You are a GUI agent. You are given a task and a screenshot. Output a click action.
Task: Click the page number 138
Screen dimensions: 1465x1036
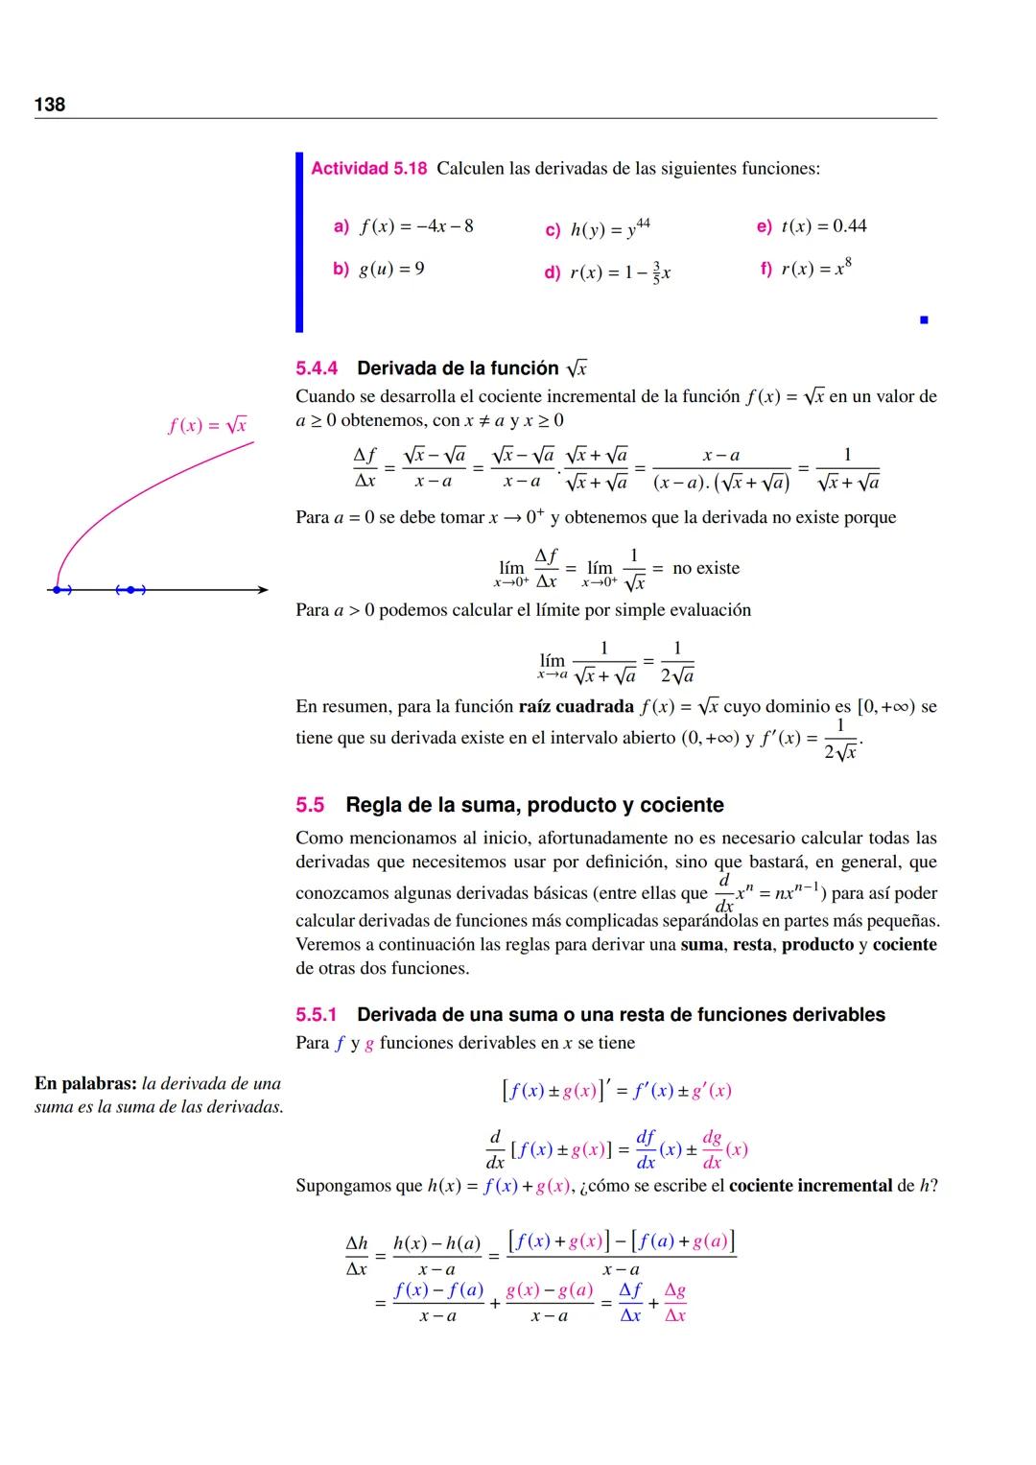pyautogui.click(x=50, y=105)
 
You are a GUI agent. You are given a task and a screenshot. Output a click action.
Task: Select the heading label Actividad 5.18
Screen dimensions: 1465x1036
pyautogui.click(x=368, y=169)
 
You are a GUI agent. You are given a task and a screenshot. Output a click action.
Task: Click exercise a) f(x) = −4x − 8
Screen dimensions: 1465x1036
pyautogui.click(x=403, y=226)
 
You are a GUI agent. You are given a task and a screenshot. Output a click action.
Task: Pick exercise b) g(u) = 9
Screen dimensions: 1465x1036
pyautogui.click(x=379, y=269)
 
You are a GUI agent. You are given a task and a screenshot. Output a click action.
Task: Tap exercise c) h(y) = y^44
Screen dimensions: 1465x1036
pyautogui.click(x=598, y=228)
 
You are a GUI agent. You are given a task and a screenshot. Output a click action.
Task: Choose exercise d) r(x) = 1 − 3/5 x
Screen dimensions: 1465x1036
pyautogui.click(x=607, y=272)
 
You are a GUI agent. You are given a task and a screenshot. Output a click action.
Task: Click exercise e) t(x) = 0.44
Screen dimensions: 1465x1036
pyautogui.click(x=812, y=226)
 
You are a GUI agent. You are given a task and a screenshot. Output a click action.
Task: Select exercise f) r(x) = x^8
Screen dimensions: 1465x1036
pyautogui.click(x=806, y=269)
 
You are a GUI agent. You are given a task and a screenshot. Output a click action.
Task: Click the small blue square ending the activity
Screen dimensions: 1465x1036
pyautogui.click(x=924, y=319)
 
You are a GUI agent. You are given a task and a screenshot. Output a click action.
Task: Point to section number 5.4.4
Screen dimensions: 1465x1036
pyautogui.click(x=317, y=368)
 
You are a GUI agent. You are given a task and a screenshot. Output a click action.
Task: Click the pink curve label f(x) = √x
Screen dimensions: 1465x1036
pyautogui.click(x=207, y=425)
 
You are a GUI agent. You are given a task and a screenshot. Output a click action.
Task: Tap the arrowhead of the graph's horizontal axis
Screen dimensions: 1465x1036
pyautogui.click(x=261, y=590)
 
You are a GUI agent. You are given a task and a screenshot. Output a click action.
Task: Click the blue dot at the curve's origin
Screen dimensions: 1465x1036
pyautogui.click(x=58, y=590)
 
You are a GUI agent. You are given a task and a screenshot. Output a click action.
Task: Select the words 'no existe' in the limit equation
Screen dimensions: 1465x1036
pyautogui.click(x=706, y=568)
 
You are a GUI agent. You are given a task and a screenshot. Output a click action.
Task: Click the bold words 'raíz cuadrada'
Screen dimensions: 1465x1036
pyautogui.click(x=576, y=707)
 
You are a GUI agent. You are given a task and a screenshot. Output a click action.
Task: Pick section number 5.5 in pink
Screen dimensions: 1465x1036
pyautogui.click(x=310, y=805)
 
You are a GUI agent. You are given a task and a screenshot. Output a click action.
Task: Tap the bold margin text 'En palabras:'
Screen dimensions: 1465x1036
pyautogui.click(x=85, y=1084)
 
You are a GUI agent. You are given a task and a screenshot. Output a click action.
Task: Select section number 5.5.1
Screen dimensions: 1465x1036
pyautogui.click(x=317, y=1015)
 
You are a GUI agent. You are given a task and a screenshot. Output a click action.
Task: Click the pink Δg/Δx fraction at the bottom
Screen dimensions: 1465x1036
pyautogui.click(x=675, y=1303)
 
